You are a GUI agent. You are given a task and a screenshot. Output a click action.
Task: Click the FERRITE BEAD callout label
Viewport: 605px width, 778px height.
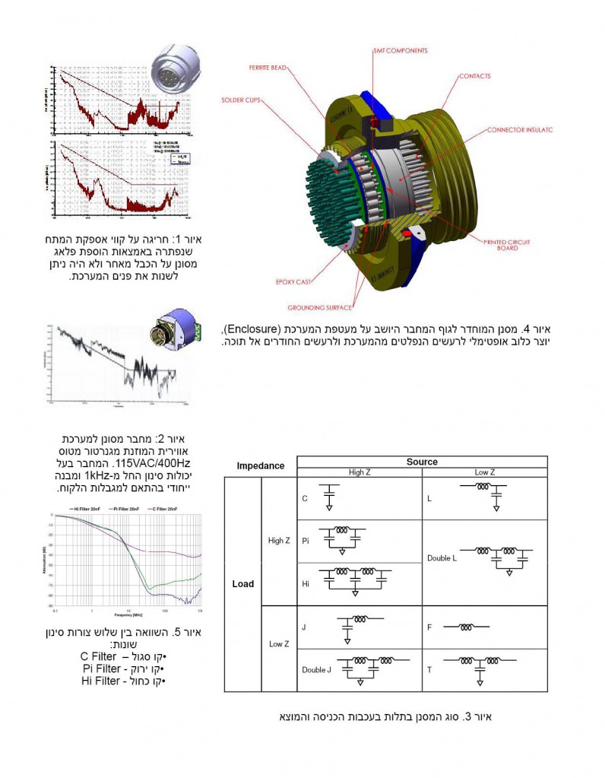click(x=268, y=68)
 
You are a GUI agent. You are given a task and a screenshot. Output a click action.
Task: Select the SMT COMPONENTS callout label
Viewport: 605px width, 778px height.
click(x=400, y=51)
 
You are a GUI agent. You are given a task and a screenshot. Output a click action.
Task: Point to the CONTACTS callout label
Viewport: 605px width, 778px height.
click(x=474, y=76)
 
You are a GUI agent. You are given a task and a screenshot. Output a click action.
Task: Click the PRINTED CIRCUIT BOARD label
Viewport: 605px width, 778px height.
click(x=507, y=245)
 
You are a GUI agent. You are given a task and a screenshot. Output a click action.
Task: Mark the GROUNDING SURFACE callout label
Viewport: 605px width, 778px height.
click(x=319, y=308)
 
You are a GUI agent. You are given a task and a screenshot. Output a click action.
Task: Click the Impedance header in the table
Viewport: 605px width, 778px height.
click(x=260, y=465)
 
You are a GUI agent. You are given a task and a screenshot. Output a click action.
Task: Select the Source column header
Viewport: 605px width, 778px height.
click(x=422, y=462)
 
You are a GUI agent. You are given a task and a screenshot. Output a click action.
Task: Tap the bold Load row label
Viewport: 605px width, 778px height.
click(x=242, y=584)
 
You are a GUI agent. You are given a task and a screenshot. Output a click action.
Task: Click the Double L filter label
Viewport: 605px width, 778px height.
click(x=442, y=557)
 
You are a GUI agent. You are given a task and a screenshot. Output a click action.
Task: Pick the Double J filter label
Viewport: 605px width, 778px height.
click(x=315, y=669)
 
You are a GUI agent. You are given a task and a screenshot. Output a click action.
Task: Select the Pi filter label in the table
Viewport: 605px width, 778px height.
click(x=305, y=541)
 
